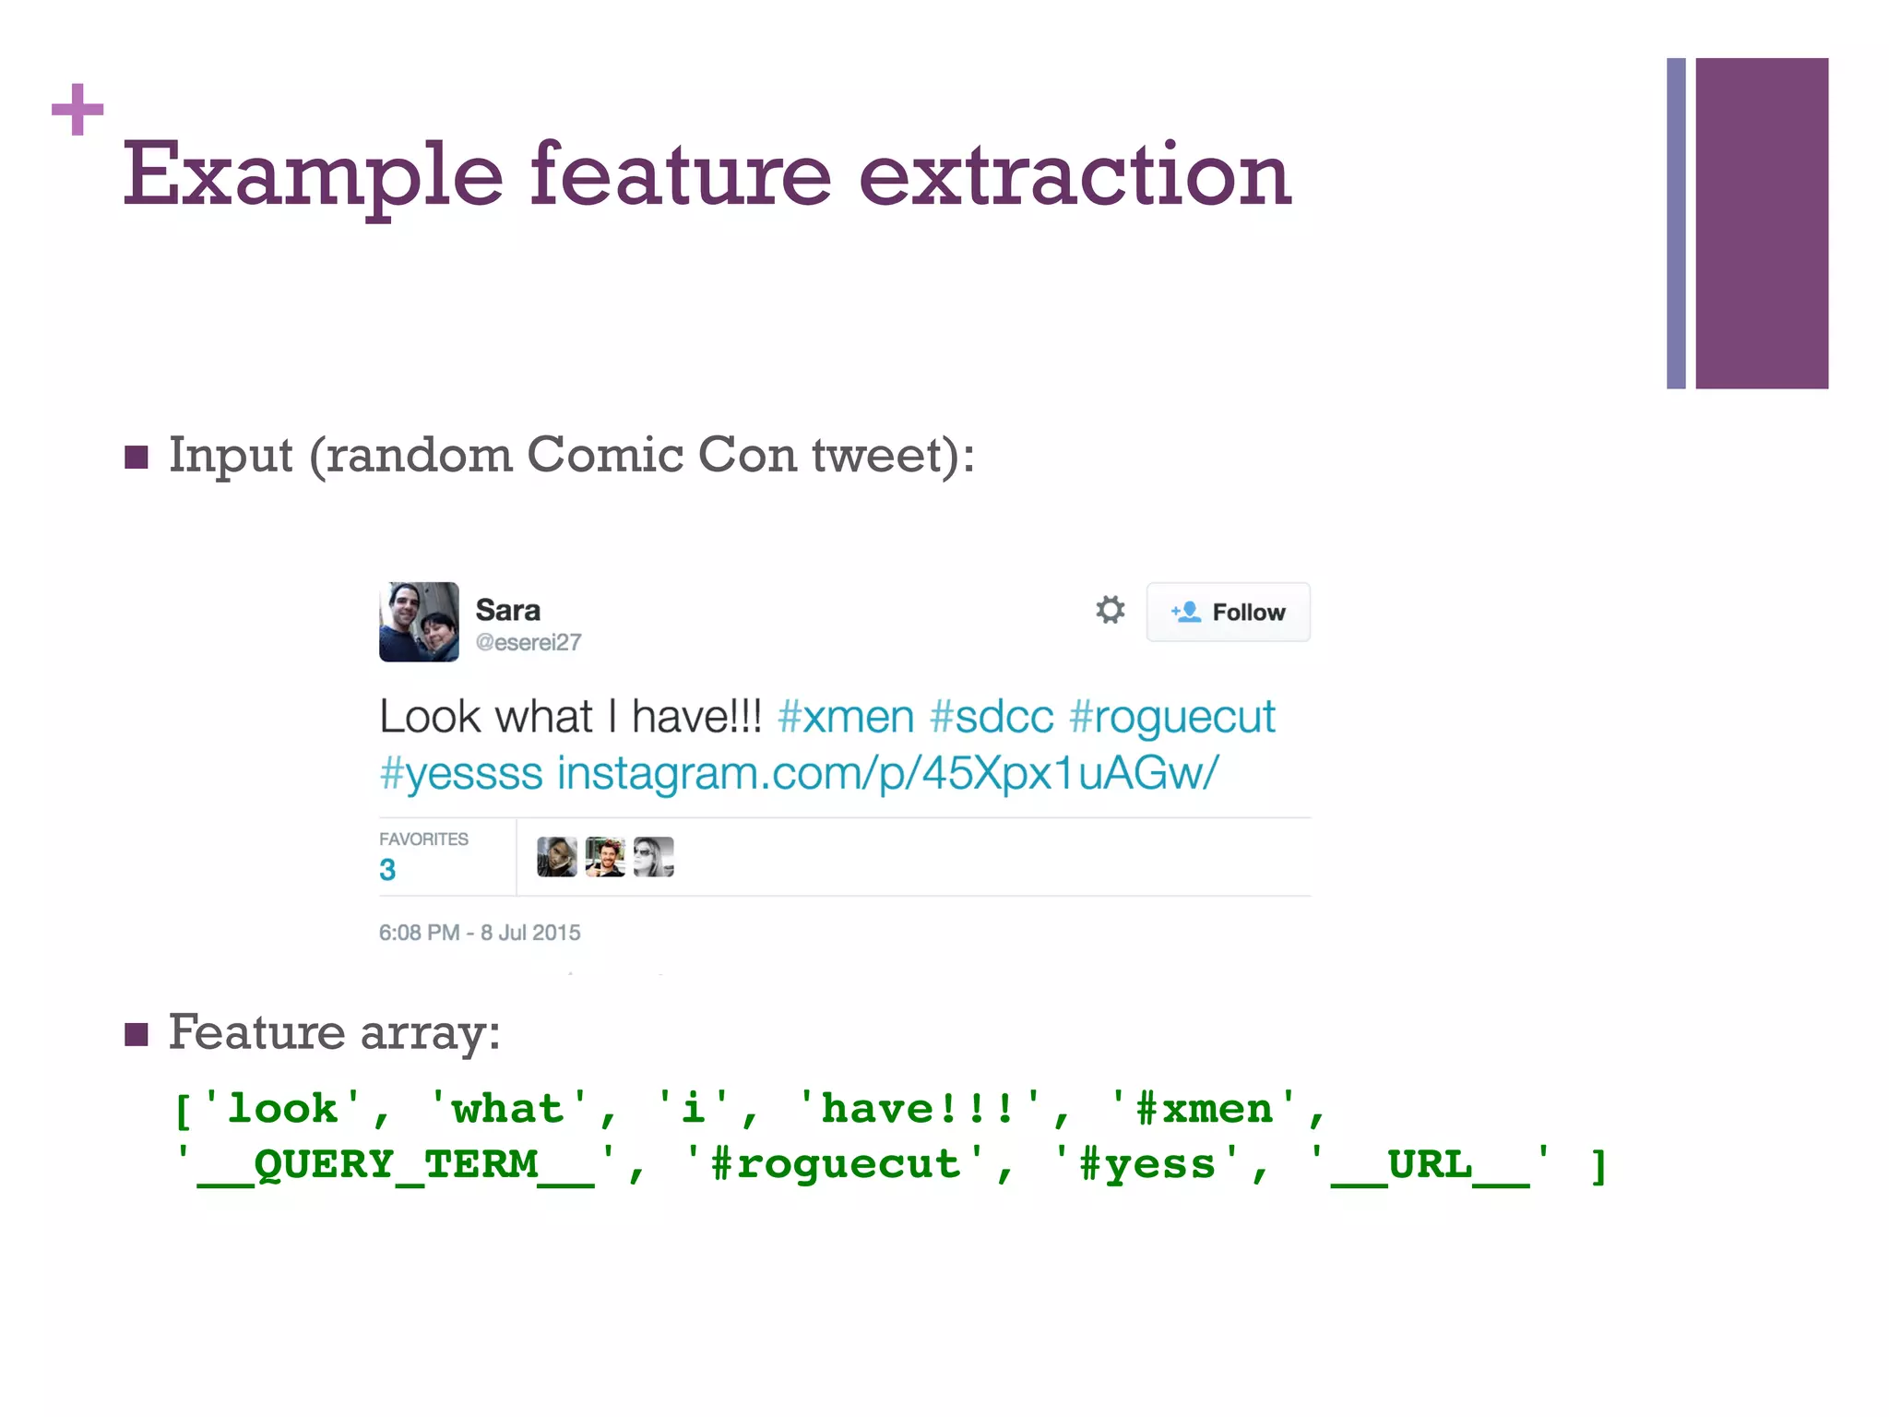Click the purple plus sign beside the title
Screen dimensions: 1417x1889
(x=77, y=109)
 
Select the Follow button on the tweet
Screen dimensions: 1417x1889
(x=1228, y=612)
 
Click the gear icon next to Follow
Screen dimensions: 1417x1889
(x=1111, y=610)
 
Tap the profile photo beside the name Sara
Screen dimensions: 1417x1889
(x=419, y=622)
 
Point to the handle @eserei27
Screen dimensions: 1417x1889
(x=529, y=642)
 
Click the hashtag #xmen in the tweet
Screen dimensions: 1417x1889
(x=846, y=717)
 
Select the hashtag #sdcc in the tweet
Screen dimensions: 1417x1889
(x=992, y=717)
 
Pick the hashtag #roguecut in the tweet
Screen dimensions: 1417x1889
(x=1172, y=717)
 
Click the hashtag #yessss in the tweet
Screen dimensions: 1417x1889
(x=461, y=773)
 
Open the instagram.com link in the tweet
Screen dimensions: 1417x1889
(x=887, y=773)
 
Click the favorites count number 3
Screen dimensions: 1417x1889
(x=387, y=870)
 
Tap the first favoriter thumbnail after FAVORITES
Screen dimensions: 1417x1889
(x=557, y=857)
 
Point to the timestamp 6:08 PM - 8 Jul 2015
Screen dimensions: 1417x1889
(x=480, y=933)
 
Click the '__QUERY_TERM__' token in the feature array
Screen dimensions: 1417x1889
(x=396, y=1164)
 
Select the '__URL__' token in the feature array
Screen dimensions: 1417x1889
(x=1430, y=1164)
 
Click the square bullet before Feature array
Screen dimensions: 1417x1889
(x=137, y=1034)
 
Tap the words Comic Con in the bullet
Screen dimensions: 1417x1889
(x=661, y=455)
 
